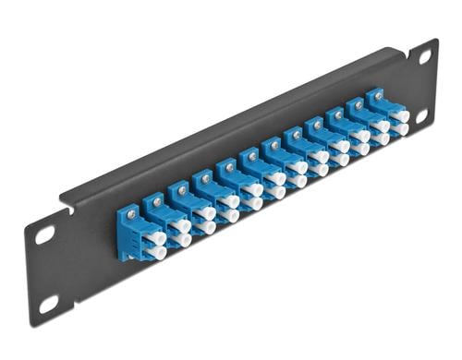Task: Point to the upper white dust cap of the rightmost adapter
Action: pos(402,117)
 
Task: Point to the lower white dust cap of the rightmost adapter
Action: pos(401,130)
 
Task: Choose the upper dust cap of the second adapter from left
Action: pos(183,224)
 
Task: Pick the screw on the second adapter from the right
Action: pos(354,104)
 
